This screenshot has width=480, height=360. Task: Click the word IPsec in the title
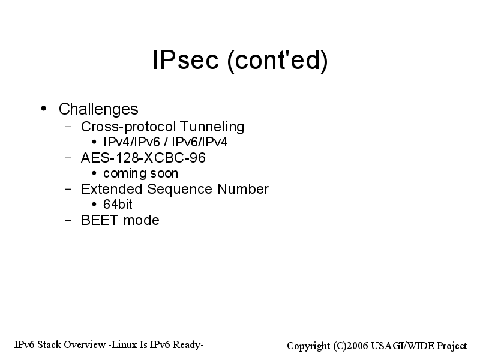point(185,59)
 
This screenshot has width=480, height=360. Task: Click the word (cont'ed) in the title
point(277,61)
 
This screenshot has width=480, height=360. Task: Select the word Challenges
point(98,109)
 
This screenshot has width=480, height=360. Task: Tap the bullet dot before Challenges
point(43,109)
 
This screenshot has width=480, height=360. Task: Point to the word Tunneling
point(212,127)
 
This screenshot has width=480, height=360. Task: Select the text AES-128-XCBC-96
point(143,158)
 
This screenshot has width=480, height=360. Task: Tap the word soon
point(164,173)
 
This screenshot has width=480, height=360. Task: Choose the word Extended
point(112,189)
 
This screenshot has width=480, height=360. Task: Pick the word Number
point(243,189)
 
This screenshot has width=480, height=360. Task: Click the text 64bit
point(118,205)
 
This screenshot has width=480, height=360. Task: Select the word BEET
point(100,220)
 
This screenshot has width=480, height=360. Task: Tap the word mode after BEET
point(141,220)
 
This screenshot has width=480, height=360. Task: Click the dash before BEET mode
point(68,220)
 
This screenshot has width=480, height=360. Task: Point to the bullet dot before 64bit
point(94,204)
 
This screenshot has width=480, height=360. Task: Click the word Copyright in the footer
point(308,346)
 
